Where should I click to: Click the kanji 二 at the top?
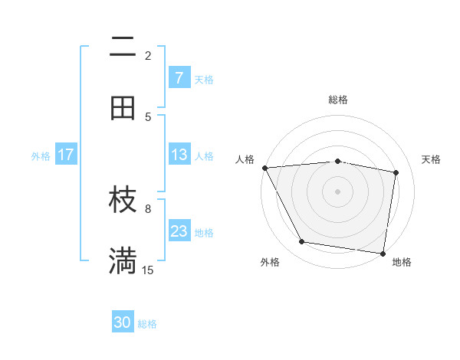123,47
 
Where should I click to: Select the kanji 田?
123,108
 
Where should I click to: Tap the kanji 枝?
123,201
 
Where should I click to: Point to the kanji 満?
123,261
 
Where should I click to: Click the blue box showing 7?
179,77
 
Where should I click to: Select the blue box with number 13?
179,155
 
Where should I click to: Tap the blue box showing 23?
179,231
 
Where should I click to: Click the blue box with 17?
66,155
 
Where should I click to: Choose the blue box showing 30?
123,322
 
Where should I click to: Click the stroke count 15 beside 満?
148,270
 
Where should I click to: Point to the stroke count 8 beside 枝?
148,208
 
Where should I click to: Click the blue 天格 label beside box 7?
204,79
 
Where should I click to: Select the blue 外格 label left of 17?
41,155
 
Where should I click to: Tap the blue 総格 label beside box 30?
147,324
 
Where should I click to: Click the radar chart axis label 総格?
338,100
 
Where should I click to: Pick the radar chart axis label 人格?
245,159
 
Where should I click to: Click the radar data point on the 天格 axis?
396,172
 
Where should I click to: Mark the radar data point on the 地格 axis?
383,252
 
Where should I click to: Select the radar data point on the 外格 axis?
302,242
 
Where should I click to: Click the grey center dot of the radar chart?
338,191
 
